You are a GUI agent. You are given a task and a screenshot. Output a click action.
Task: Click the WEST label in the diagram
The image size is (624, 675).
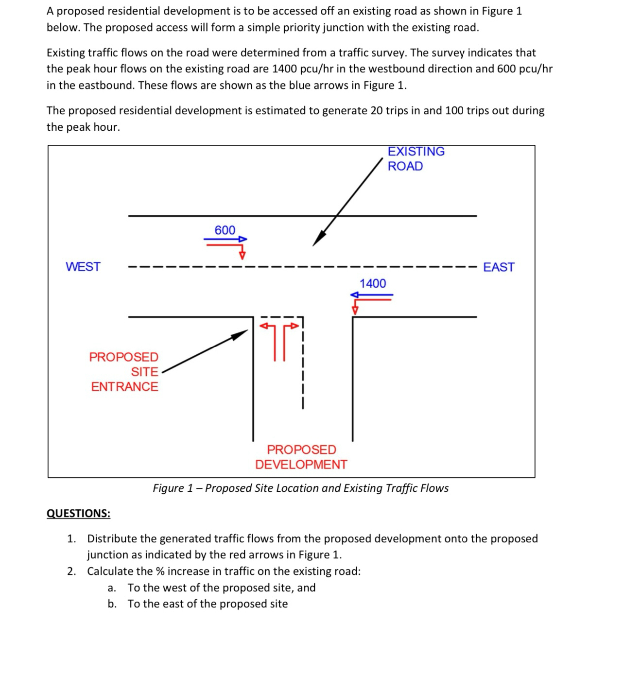coord(83,267)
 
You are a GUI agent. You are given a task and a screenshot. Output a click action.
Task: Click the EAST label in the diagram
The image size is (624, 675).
coord(498,267)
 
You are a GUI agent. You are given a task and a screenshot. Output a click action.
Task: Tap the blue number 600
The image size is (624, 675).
coord(225,230)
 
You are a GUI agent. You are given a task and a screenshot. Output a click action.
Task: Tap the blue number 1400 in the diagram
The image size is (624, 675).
coord(372,283)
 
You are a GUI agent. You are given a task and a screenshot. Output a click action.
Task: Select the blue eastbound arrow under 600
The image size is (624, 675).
coord(225,239)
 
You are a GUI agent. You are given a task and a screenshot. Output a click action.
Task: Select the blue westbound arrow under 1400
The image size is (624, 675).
coord(372,294)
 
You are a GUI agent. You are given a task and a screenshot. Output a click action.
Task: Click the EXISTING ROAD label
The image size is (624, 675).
coord(416,159)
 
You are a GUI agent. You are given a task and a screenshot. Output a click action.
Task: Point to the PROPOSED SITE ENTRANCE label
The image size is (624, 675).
coord(124,372)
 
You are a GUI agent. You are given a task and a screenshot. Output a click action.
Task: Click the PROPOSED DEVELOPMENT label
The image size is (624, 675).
coord(301,457)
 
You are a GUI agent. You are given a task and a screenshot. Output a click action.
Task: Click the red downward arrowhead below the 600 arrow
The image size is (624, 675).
coord(242,255)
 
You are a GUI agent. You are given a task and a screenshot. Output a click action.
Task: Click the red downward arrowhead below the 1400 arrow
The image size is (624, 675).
coord(355,310)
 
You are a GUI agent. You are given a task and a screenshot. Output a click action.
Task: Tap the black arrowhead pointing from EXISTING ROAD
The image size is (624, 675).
coord(318,239)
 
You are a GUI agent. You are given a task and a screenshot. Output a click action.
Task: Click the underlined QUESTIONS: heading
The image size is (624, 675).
coord(78,513)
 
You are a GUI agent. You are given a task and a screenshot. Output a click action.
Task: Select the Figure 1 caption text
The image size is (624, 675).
coord(300,488)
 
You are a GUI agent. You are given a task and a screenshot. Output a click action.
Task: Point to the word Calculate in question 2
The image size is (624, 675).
coord(110,571)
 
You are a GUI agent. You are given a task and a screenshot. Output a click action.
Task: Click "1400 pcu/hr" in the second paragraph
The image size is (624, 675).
coord(301,69)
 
